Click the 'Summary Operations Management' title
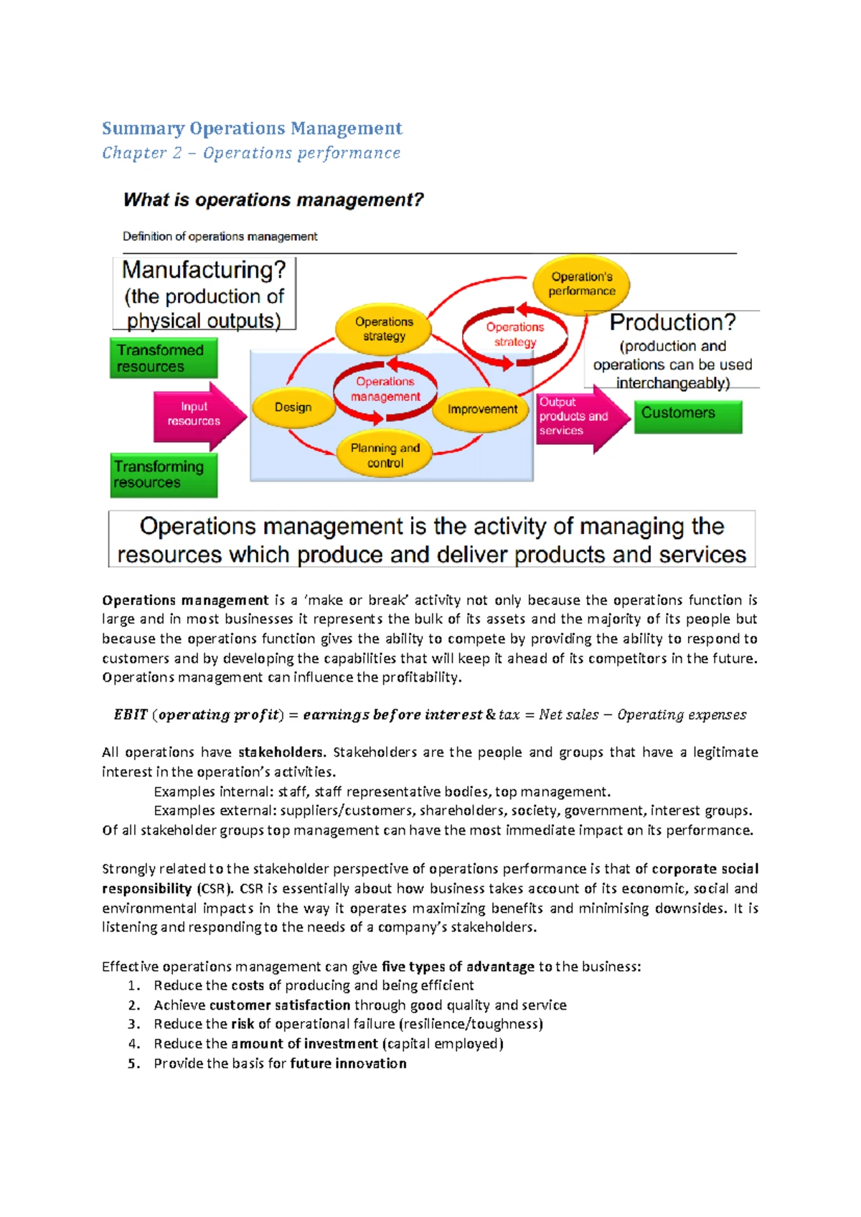pos(252,128)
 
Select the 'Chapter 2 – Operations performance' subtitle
pos(251,153)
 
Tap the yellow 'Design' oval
pos(293,408)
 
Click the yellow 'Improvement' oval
pos(482,409)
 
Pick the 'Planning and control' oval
pos(385,456)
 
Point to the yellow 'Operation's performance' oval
pos(582,284)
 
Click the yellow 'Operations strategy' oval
pos(384,329)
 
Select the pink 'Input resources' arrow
pos(195,414)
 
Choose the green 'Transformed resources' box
pos(163,358)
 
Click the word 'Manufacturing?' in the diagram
pos(204,271)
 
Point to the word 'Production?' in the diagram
pos(672,323)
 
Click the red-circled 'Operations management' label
pos(385,389)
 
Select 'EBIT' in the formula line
pos(131,715)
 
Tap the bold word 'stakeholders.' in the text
pos(282,752)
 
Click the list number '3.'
pos(134,1024)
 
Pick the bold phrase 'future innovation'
pos(348,1063)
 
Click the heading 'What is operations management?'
pos(273,199)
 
